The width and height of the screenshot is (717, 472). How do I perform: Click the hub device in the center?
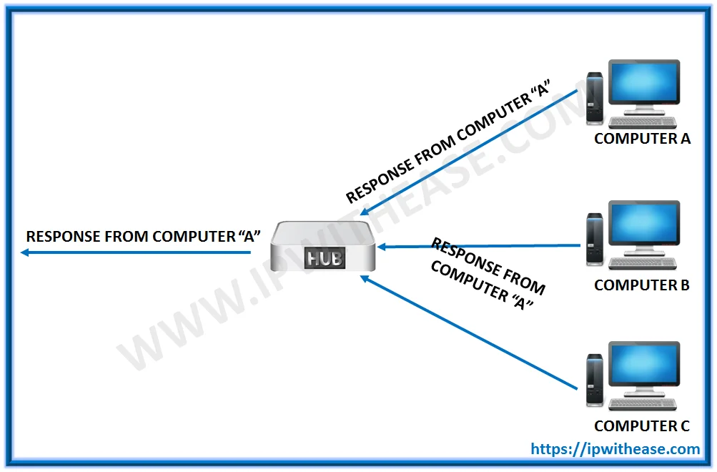click(323, 247)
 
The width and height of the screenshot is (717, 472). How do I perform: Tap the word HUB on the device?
click(323, 258)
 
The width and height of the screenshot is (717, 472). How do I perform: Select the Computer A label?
click(642, 139)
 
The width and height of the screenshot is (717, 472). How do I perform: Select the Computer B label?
click(641, 285)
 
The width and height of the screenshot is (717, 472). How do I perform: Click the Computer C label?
click(641, 426)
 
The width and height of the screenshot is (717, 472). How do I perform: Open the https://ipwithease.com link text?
click(615, 449)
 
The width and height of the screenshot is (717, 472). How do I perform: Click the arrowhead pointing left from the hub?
click(25, 252)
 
